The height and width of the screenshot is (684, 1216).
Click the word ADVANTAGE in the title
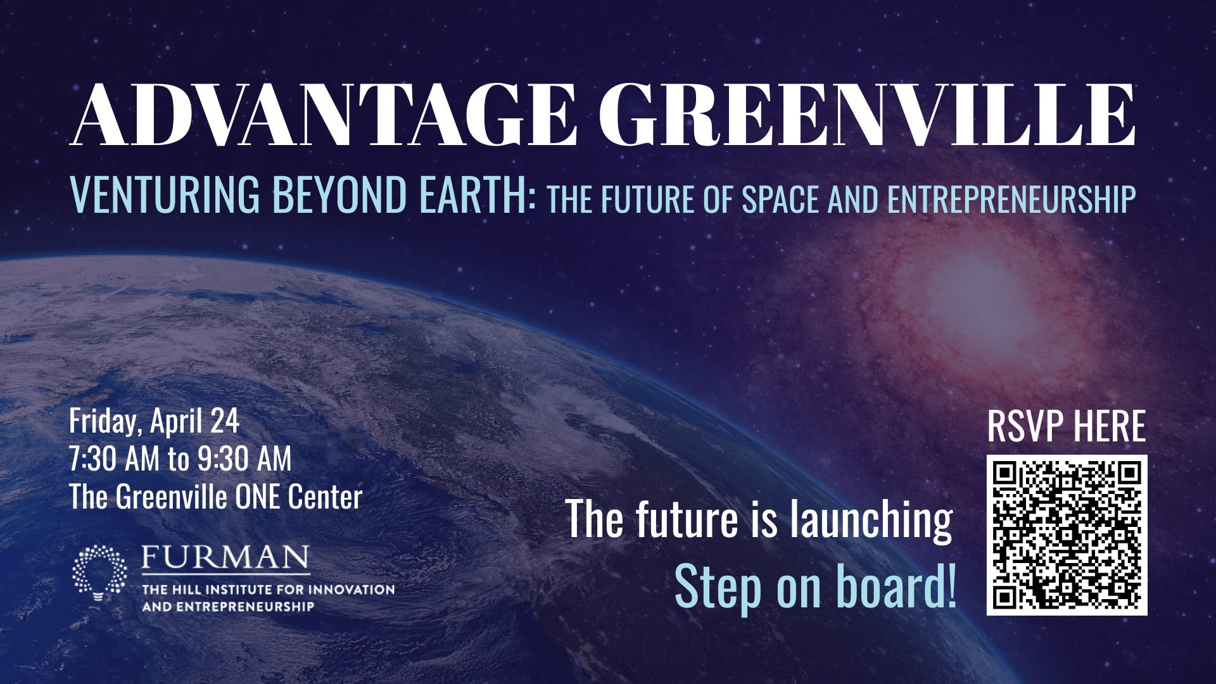[324, 114]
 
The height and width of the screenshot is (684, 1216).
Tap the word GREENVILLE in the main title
[866, 114]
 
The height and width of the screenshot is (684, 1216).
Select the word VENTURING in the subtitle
[165, 194]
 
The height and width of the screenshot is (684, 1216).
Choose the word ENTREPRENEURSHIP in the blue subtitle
[1011, 199]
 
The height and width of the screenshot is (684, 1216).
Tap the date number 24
[225, 422]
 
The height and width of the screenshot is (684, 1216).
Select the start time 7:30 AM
[115, 459]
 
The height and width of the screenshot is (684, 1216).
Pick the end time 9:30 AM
[244, 459]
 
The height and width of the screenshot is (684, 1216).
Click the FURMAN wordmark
[225, 558]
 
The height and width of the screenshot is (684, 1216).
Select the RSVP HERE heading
[1067, 426]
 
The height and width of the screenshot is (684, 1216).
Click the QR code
[1067, 535]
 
